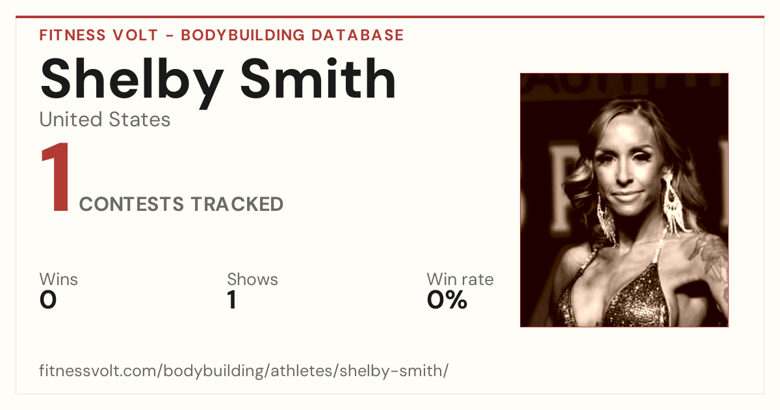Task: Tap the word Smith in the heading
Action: click(x=318, y=79)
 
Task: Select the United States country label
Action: click(x=105, y=120)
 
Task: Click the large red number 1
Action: click(x=56, y=176)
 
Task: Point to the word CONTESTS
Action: click(x=131, y=204)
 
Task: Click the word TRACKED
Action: click(x=237, y=204)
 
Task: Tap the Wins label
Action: click(x=58, y=279)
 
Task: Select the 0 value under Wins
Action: click(x=48, y=300)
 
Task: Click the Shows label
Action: click(x=252, y=279)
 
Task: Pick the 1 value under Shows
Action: click(x=232, y=300)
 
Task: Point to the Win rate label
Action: click(x=460, y=279)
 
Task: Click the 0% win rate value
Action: click(x=447, y=300)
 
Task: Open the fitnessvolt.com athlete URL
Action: click(x=244, y=371)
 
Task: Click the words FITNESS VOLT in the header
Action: click(x=99, y=35)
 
